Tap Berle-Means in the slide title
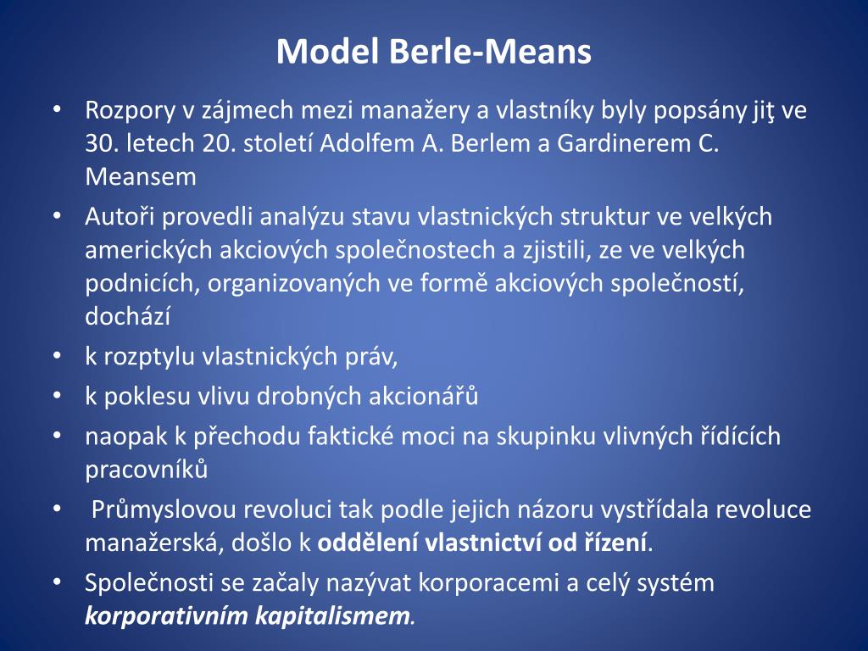pyautogui.click(x=490, y=52)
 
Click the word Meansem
pyautogui.click(x=140, y=176)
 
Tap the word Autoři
pyautogui.click(x=120, y=217)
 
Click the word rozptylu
pyautogui.click(x=149, y=357)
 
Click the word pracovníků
pyautogui.click(x=147, y=469)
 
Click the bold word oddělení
pyautogui.click(x=368, y=542)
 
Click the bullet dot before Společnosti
pyautogui.click(x=57, y=582)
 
